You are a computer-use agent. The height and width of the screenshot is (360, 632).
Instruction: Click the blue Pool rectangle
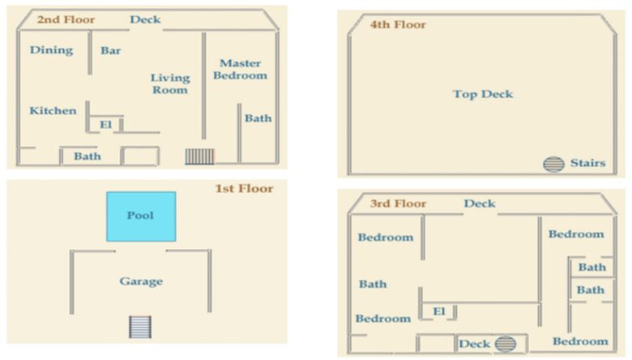pos(141,216)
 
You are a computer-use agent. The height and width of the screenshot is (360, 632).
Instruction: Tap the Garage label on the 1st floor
pos(141,281)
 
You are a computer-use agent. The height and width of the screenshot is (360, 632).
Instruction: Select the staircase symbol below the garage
pos(140,327)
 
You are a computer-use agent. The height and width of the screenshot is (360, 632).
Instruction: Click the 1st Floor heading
pos(244,188)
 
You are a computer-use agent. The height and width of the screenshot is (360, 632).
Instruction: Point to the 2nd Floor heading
pos(66,19)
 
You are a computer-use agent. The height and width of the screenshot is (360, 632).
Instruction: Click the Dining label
pos(52,50)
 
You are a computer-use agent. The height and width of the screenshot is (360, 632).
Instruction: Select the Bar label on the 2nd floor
pos(111,50)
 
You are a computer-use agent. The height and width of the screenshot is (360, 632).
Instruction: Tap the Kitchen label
pos(53,110)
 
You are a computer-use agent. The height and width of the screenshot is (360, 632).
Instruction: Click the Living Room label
pos(170,84)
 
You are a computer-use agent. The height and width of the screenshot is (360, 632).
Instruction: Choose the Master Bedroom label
pos(240,70)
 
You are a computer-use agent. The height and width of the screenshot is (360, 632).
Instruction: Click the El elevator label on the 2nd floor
pos(106,125)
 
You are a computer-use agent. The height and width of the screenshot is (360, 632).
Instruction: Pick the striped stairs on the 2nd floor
pos(199,156)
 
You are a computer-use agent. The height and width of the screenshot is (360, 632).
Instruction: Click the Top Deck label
pos(483,94)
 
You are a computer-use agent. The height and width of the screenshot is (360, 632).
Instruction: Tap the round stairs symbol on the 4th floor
pos(553,164)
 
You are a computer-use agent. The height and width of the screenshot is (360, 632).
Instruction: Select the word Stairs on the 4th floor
pos(588,163)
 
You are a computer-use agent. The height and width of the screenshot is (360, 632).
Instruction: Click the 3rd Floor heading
pos(398,204)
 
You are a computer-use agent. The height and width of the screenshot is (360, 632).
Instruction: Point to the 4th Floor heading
pos(398,24)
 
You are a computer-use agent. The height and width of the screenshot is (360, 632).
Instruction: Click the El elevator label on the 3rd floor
pos(439,311)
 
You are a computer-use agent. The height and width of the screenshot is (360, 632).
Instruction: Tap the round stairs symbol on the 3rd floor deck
pos(506,345)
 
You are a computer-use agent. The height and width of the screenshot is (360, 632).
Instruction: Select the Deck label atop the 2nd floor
pos(145,19)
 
